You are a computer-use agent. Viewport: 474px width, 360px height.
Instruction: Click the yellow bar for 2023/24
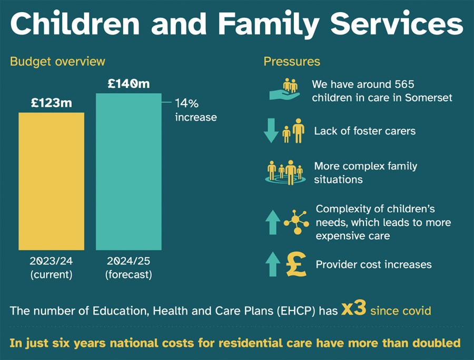click(x=51, y=181)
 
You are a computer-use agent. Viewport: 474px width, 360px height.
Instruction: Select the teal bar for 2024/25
click(x=129, y=172)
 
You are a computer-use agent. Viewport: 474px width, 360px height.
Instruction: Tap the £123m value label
click(x=51, y=103)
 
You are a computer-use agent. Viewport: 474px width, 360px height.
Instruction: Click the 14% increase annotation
click(x=195, y=109)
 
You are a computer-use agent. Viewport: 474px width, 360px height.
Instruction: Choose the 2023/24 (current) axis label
click(x=51, y=267)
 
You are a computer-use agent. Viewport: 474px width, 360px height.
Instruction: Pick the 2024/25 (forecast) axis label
click(x=129, y=267)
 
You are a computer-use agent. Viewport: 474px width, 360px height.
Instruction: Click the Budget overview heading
click(x=57, y=62)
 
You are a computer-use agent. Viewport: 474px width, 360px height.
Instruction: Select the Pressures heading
click(x=292, y=62)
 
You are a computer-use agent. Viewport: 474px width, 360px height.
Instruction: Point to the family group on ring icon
click(x=285, y=172)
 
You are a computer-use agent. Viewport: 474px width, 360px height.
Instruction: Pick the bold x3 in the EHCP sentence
click(x=353, y=309)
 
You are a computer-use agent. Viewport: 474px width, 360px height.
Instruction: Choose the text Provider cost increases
click(x=373, y=264)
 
